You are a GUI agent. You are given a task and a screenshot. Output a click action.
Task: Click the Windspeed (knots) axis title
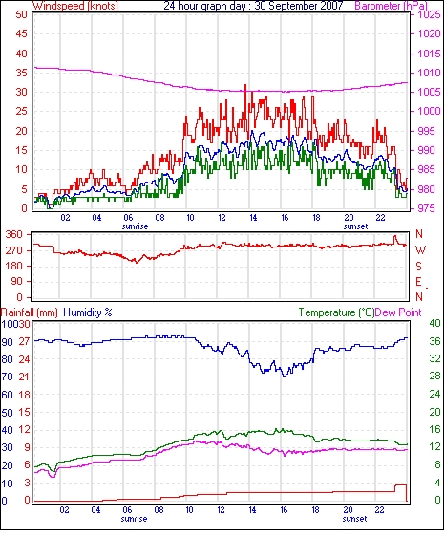click(x=75, y=6)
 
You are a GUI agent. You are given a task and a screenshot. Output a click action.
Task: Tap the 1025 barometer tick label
click(x=429, y=14)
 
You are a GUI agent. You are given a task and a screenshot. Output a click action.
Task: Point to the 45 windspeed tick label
click(x=21, y=33)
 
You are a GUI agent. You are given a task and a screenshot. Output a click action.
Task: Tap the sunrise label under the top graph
click(x=135, y=226)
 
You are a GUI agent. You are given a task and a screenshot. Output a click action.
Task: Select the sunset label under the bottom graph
click(x=354, y=519)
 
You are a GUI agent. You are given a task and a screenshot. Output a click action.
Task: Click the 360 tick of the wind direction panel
click(x=14, y=235)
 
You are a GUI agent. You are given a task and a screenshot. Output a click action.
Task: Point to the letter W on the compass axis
click(x=420, y=250)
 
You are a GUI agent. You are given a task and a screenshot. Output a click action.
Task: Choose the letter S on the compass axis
click(x=419, y=267)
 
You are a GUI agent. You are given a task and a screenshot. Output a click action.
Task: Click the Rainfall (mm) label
click(x=30, y=312)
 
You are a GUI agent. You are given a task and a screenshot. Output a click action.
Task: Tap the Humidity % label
click(x=88, y=312)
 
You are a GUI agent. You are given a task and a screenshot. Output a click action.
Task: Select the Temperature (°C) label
click(x=336, y=312)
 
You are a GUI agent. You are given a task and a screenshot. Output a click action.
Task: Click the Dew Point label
click(x=398, y=312)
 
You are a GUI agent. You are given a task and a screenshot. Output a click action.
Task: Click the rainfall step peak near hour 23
click(x=401, y=485)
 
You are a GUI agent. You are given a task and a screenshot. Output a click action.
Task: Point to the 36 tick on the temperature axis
click(x=434, y=341)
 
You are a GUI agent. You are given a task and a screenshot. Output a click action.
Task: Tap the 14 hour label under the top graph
click(x=253, y=218)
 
